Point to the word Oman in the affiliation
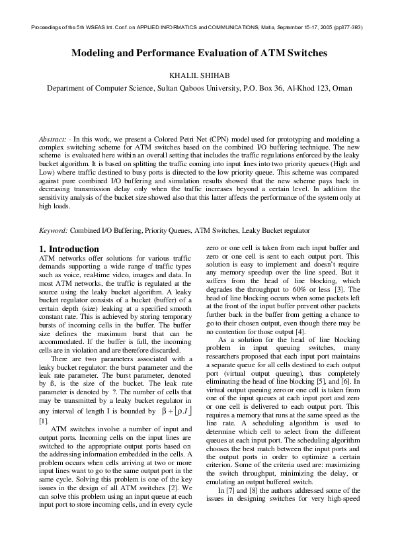point(342,88)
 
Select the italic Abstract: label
point(53,140)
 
